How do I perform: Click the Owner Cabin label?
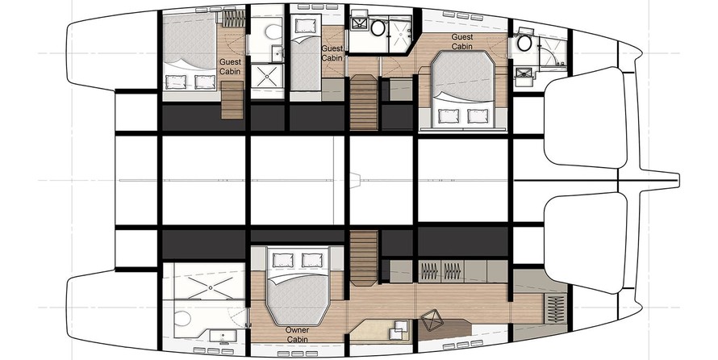click(297, 334)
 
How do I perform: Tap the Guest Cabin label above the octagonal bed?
click(462, 41)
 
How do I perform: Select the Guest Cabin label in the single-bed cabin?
click(332, 53)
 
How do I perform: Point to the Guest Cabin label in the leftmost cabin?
click(230, 66)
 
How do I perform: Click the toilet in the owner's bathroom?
click(183, 319)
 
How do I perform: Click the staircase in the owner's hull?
click(364, 257)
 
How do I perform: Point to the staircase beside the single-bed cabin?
click(364, 103)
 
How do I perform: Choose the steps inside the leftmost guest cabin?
click(232, 100)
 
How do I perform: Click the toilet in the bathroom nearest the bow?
click(524, 44)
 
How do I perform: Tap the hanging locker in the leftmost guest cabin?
click(233, 19)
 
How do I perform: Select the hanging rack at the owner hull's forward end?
click(556, 309)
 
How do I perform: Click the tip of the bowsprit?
click(678, 180)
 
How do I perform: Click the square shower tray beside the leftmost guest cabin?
click(267, 76)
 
